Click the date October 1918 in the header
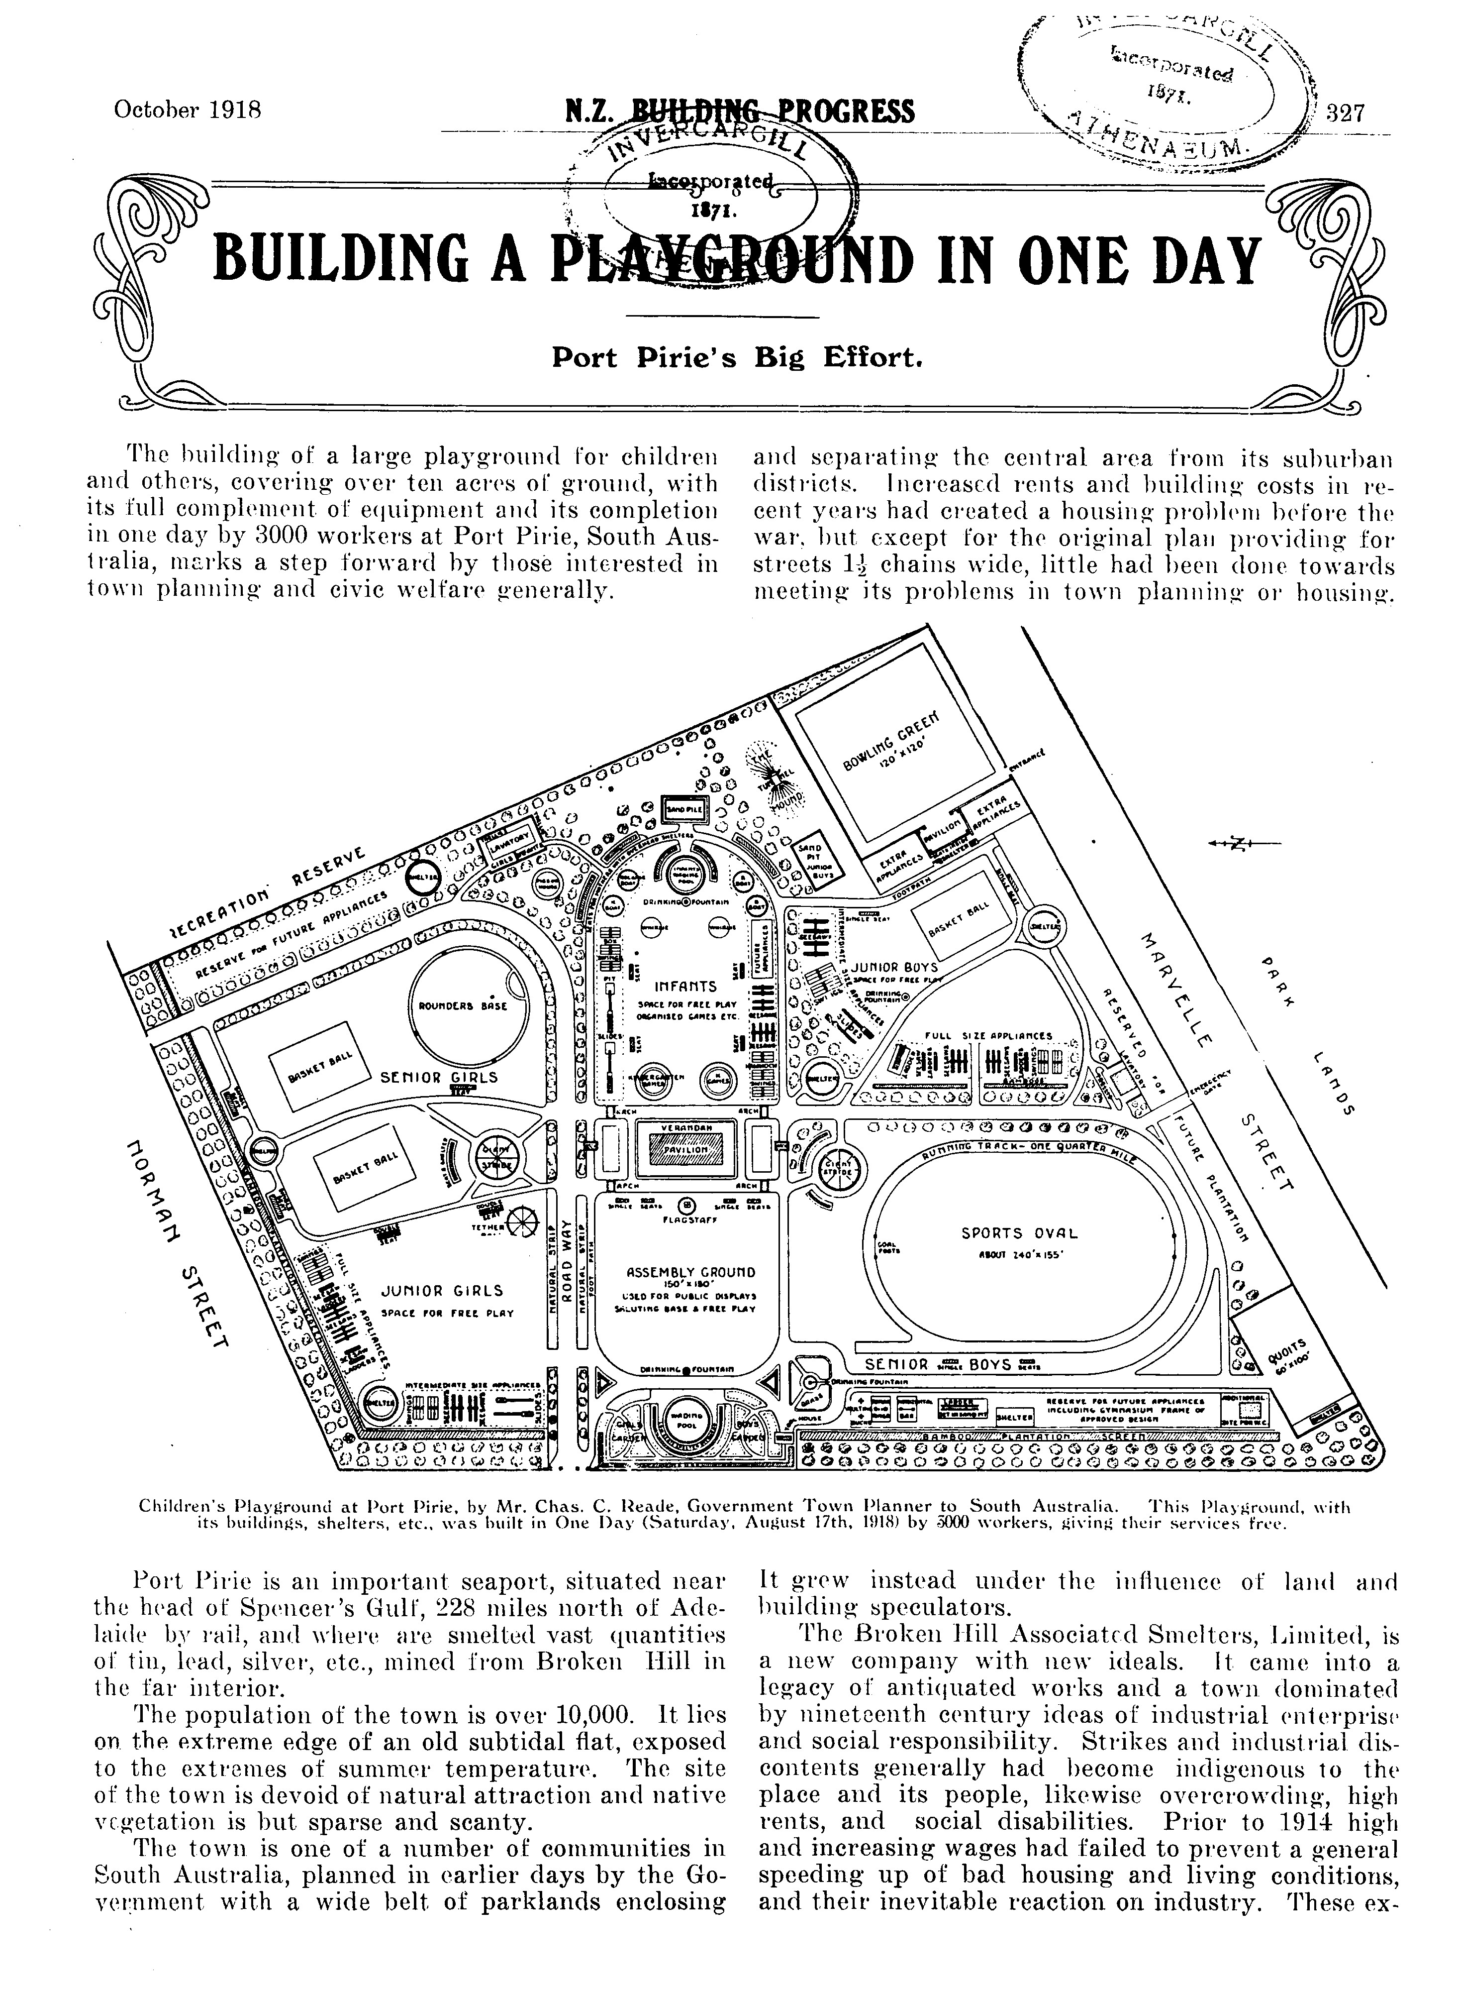(188, 111)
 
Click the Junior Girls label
(442, 1292)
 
